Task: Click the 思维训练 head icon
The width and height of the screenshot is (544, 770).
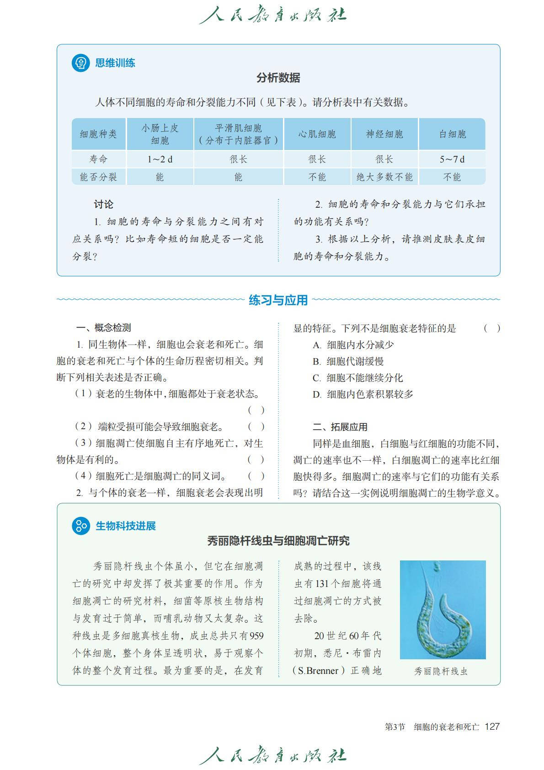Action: [x=80, y=63]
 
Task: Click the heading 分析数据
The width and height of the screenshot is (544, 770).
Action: [x=278, y=78]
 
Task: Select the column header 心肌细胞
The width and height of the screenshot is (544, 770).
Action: [x=317, y=134]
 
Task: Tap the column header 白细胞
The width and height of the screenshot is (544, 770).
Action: [x=452, y=134]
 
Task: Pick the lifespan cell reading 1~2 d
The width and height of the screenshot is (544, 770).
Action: [x=160, y=159]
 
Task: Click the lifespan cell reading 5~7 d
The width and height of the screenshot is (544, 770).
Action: [x=452, y=159]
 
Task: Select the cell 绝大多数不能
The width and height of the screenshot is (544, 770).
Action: [x=384, y=177]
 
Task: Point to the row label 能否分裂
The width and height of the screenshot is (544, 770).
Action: [x=98, y=177]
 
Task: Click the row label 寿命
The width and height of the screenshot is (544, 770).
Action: [x=98, y=159]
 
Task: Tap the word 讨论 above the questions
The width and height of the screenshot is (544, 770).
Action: [x=103, y=204]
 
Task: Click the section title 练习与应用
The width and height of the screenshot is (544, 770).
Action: [x=278, y=300]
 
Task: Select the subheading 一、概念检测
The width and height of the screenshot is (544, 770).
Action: [x=104, y=328]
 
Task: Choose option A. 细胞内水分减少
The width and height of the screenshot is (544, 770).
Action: [x=353, y=345]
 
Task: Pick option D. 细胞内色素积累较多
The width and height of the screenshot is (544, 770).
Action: [x=363, y=394]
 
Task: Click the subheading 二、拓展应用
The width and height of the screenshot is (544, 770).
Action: [x=340, y=427]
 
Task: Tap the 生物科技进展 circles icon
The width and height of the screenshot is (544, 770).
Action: [x=81, y=526]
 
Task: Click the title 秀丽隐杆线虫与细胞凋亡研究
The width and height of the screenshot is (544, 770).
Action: [x=278, y=541]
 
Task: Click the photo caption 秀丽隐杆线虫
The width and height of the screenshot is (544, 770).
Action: [x=441, y=671]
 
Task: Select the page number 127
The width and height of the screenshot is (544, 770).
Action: [x=492, y=727]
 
